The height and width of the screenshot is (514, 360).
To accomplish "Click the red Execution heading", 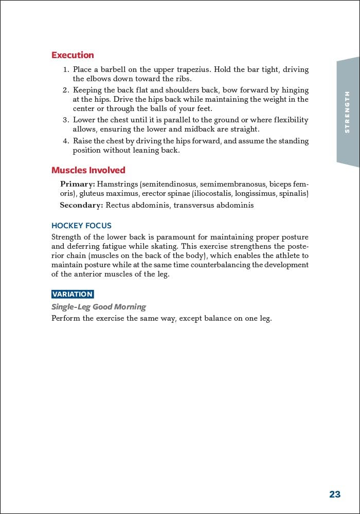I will click(73, 55).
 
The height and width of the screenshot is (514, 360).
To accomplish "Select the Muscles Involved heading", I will click(88, 170).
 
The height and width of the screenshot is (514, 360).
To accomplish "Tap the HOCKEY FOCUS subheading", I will click(81, 226).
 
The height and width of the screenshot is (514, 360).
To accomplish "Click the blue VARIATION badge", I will click(73, 295).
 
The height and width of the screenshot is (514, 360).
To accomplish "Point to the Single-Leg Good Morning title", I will click(98, 307).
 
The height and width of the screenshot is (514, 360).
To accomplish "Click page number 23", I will click(335, 494).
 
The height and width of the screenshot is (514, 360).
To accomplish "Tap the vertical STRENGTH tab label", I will click(348, 112).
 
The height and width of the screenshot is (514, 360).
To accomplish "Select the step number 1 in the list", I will click(65, 69).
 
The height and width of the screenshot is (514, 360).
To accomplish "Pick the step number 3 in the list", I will click(65, 120).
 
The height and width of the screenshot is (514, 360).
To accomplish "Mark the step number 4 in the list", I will click(65, 141).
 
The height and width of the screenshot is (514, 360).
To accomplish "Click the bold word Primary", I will click(77, 184).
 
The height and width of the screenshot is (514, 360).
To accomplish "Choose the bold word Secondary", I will click(81, 205).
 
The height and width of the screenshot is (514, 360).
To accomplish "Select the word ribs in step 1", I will click(184, 79).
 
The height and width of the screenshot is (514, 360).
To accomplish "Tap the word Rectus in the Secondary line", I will click(117, 205).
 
